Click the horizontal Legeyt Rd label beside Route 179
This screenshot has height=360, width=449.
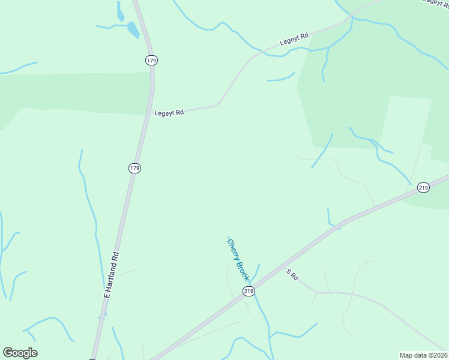[x=169, y=112]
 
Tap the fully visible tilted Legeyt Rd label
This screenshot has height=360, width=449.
[x=294, y=40]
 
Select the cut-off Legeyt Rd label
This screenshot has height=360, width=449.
[x=436, y=2]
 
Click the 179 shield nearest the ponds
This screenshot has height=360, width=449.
[x=151, y=60]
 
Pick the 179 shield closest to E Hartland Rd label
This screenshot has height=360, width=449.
[x=134, y=169]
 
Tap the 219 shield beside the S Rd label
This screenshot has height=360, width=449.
[x=249, y=291]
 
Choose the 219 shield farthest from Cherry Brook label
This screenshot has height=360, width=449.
[x=424, y=188]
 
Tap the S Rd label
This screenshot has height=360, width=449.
[x=292, y=275]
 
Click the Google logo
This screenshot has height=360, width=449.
[x=20, y=353]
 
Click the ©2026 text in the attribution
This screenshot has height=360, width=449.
[x=438, y=355]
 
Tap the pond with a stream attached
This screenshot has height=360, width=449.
[x=133, y=29]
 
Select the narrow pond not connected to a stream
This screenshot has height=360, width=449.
[x=121, y=11]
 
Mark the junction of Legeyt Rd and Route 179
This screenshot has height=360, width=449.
[x=149, y=113]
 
